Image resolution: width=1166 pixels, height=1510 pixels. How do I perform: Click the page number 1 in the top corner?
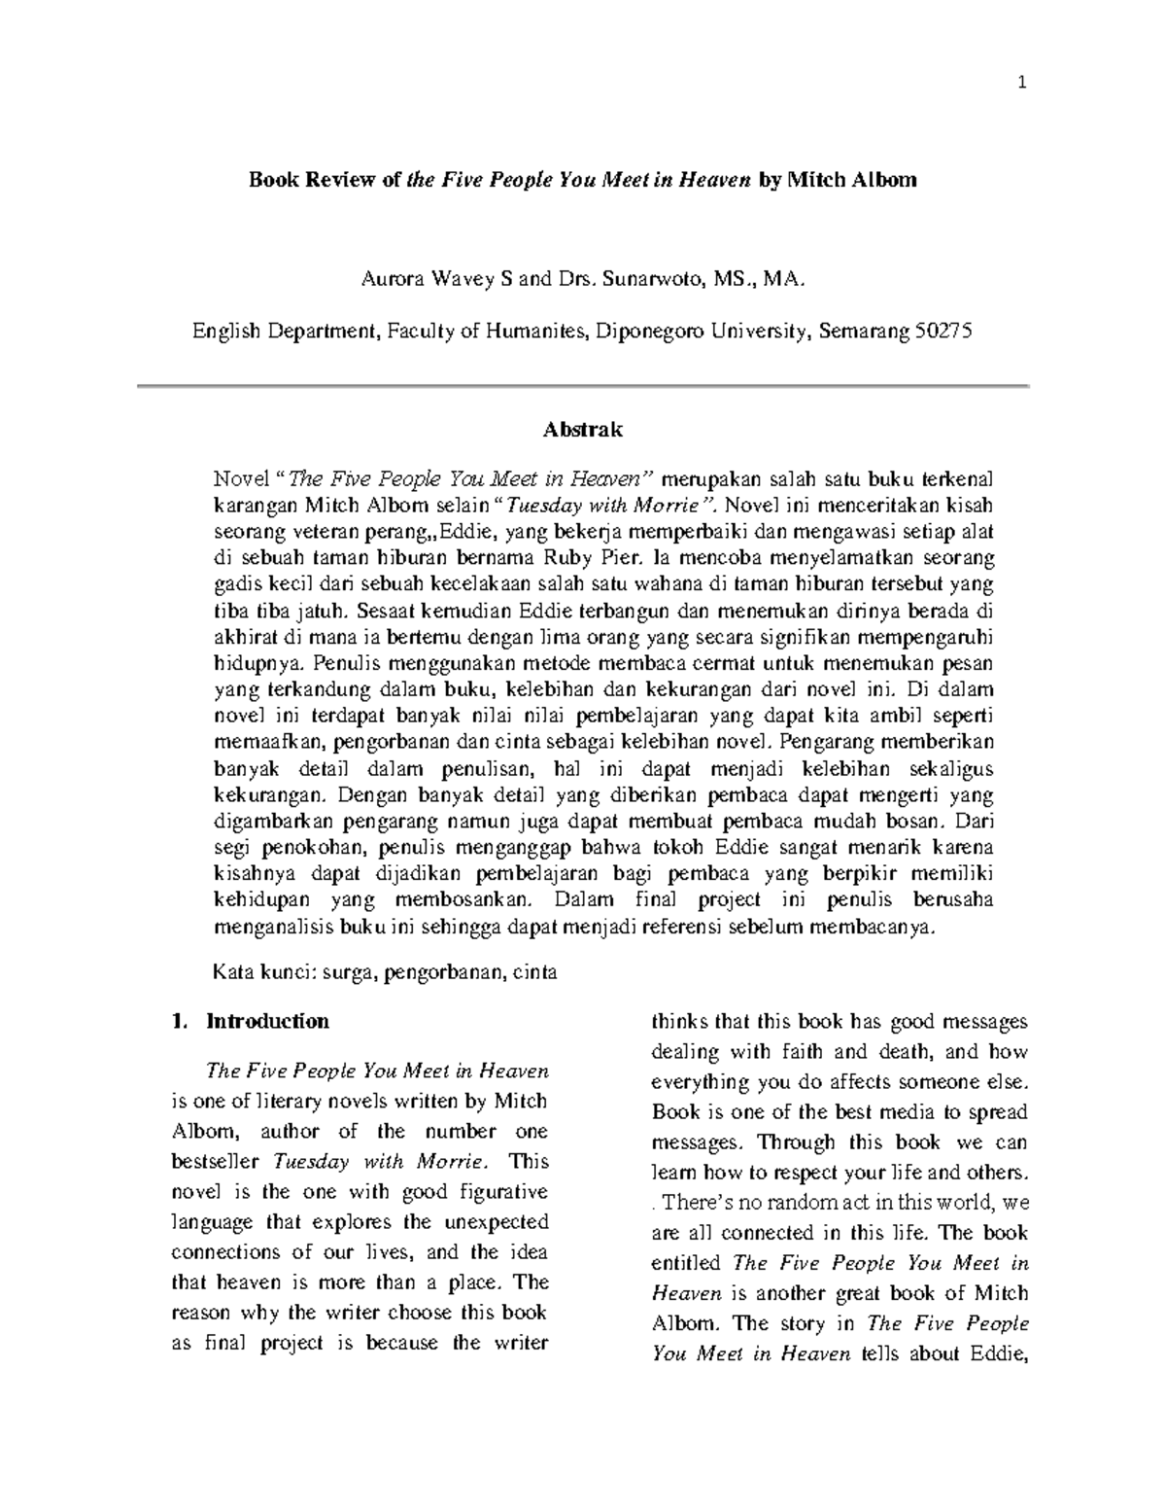click(1021, 84)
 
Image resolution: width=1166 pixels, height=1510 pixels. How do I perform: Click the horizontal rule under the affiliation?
click(583, 386)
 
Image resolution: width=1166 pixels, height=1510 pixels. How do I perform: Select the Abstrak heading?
click(583, 429)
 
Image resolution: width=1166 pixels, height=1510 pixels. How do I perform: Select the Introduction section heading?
click(267, 1021)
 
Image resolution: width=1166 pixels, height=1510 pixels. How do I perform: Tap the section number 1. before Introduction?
click(177, 1021)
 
